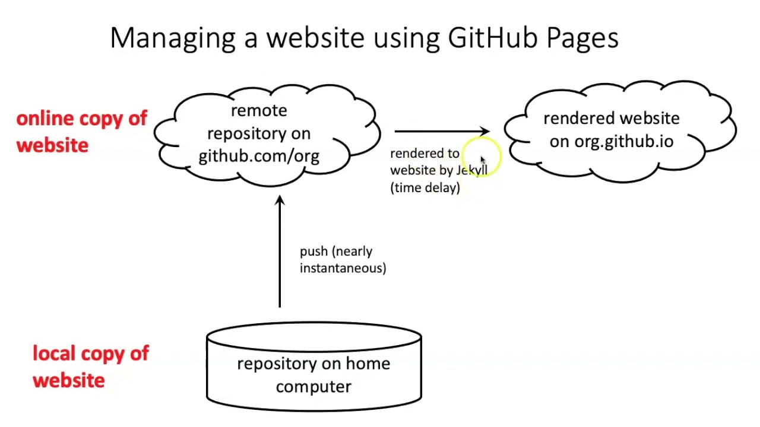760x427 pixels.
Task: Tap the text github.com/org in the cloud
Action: coord(259,156)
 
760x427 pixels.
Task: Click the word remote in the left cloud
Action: coord(259,111)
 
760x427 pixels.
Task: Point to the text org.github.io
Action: coord(623,142)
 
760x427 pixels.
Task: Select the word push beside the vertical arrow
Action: coord(313,251)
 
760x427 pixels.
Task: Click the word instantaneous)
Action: coord(343,268)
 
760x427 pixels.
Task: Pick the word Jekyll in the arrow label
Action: coord(472,171)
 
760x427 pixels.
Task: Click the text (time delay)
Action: coord(425,187)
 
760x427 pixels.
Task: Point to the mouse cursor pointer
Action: coord(482,160)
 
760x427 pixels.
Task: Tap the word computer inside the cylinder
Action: coord(313,387)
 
